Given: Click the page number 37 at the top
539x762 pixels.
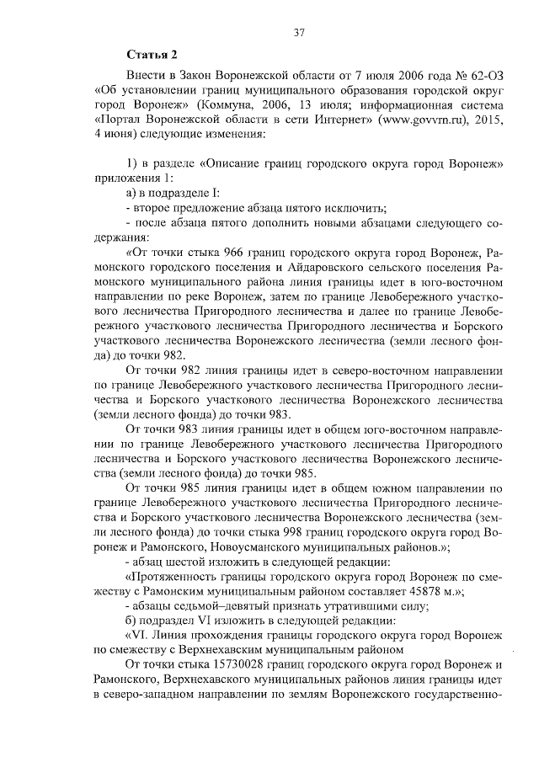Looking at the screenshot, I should pyautogui.click(x=297, y=33).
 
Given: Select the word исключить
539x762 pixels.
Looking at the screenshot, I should pyautogui.click(x=351, y=208).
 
